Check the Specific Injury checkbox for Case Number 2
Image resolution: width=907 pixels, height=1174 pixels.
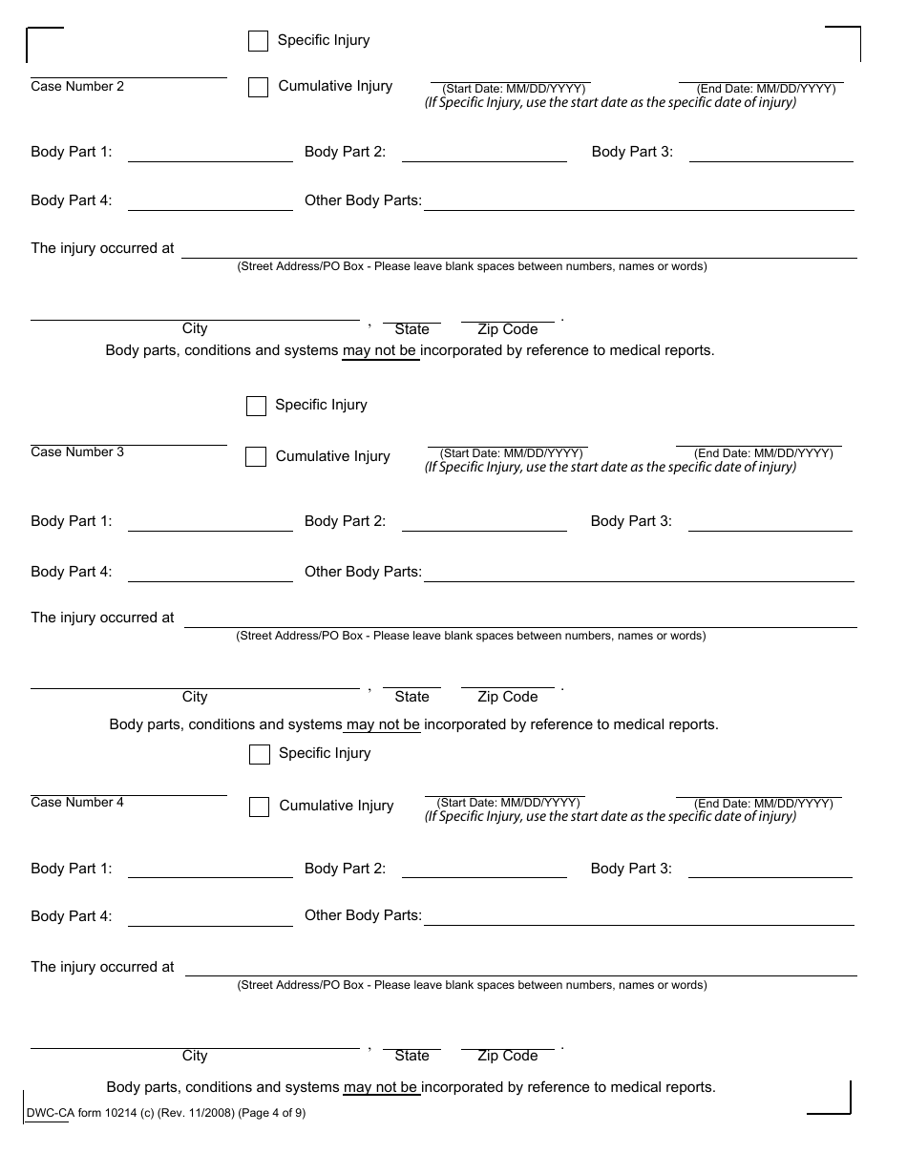[258, 41]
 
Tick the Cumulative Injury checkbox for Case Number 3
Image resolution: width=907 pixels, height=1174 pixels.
[256, 457]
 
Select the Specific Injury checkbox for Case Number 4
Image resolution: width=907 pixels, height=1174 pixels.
[260, 755]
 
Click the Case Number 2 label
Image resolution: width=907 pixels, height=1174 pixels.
[77, 87]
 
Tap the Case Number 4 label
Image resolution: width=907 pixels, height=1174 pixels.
[77, 803]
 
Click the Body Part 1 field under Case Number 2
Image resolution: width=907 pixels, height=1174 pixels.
[210, 153]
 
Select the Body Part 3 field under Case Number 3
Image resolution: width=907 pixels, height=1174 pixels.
[770, 522]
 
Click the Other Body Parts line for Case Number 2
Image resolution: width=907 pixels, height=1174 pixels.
[638, 201]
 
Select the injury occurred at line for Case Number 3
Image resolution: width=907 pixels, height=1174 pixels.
[520, 619]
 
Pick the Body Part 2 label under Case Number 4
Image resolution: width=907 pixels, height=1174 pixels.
[345, 869]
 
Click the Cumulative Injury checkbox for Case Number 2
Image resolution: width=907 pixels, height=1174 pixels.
[258, 88]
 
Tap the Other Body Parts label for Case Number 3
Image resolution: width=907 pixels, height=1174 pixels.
[363, 572]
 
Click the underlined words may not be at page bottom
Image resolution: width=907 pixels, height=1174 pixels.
[381, 1087]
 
